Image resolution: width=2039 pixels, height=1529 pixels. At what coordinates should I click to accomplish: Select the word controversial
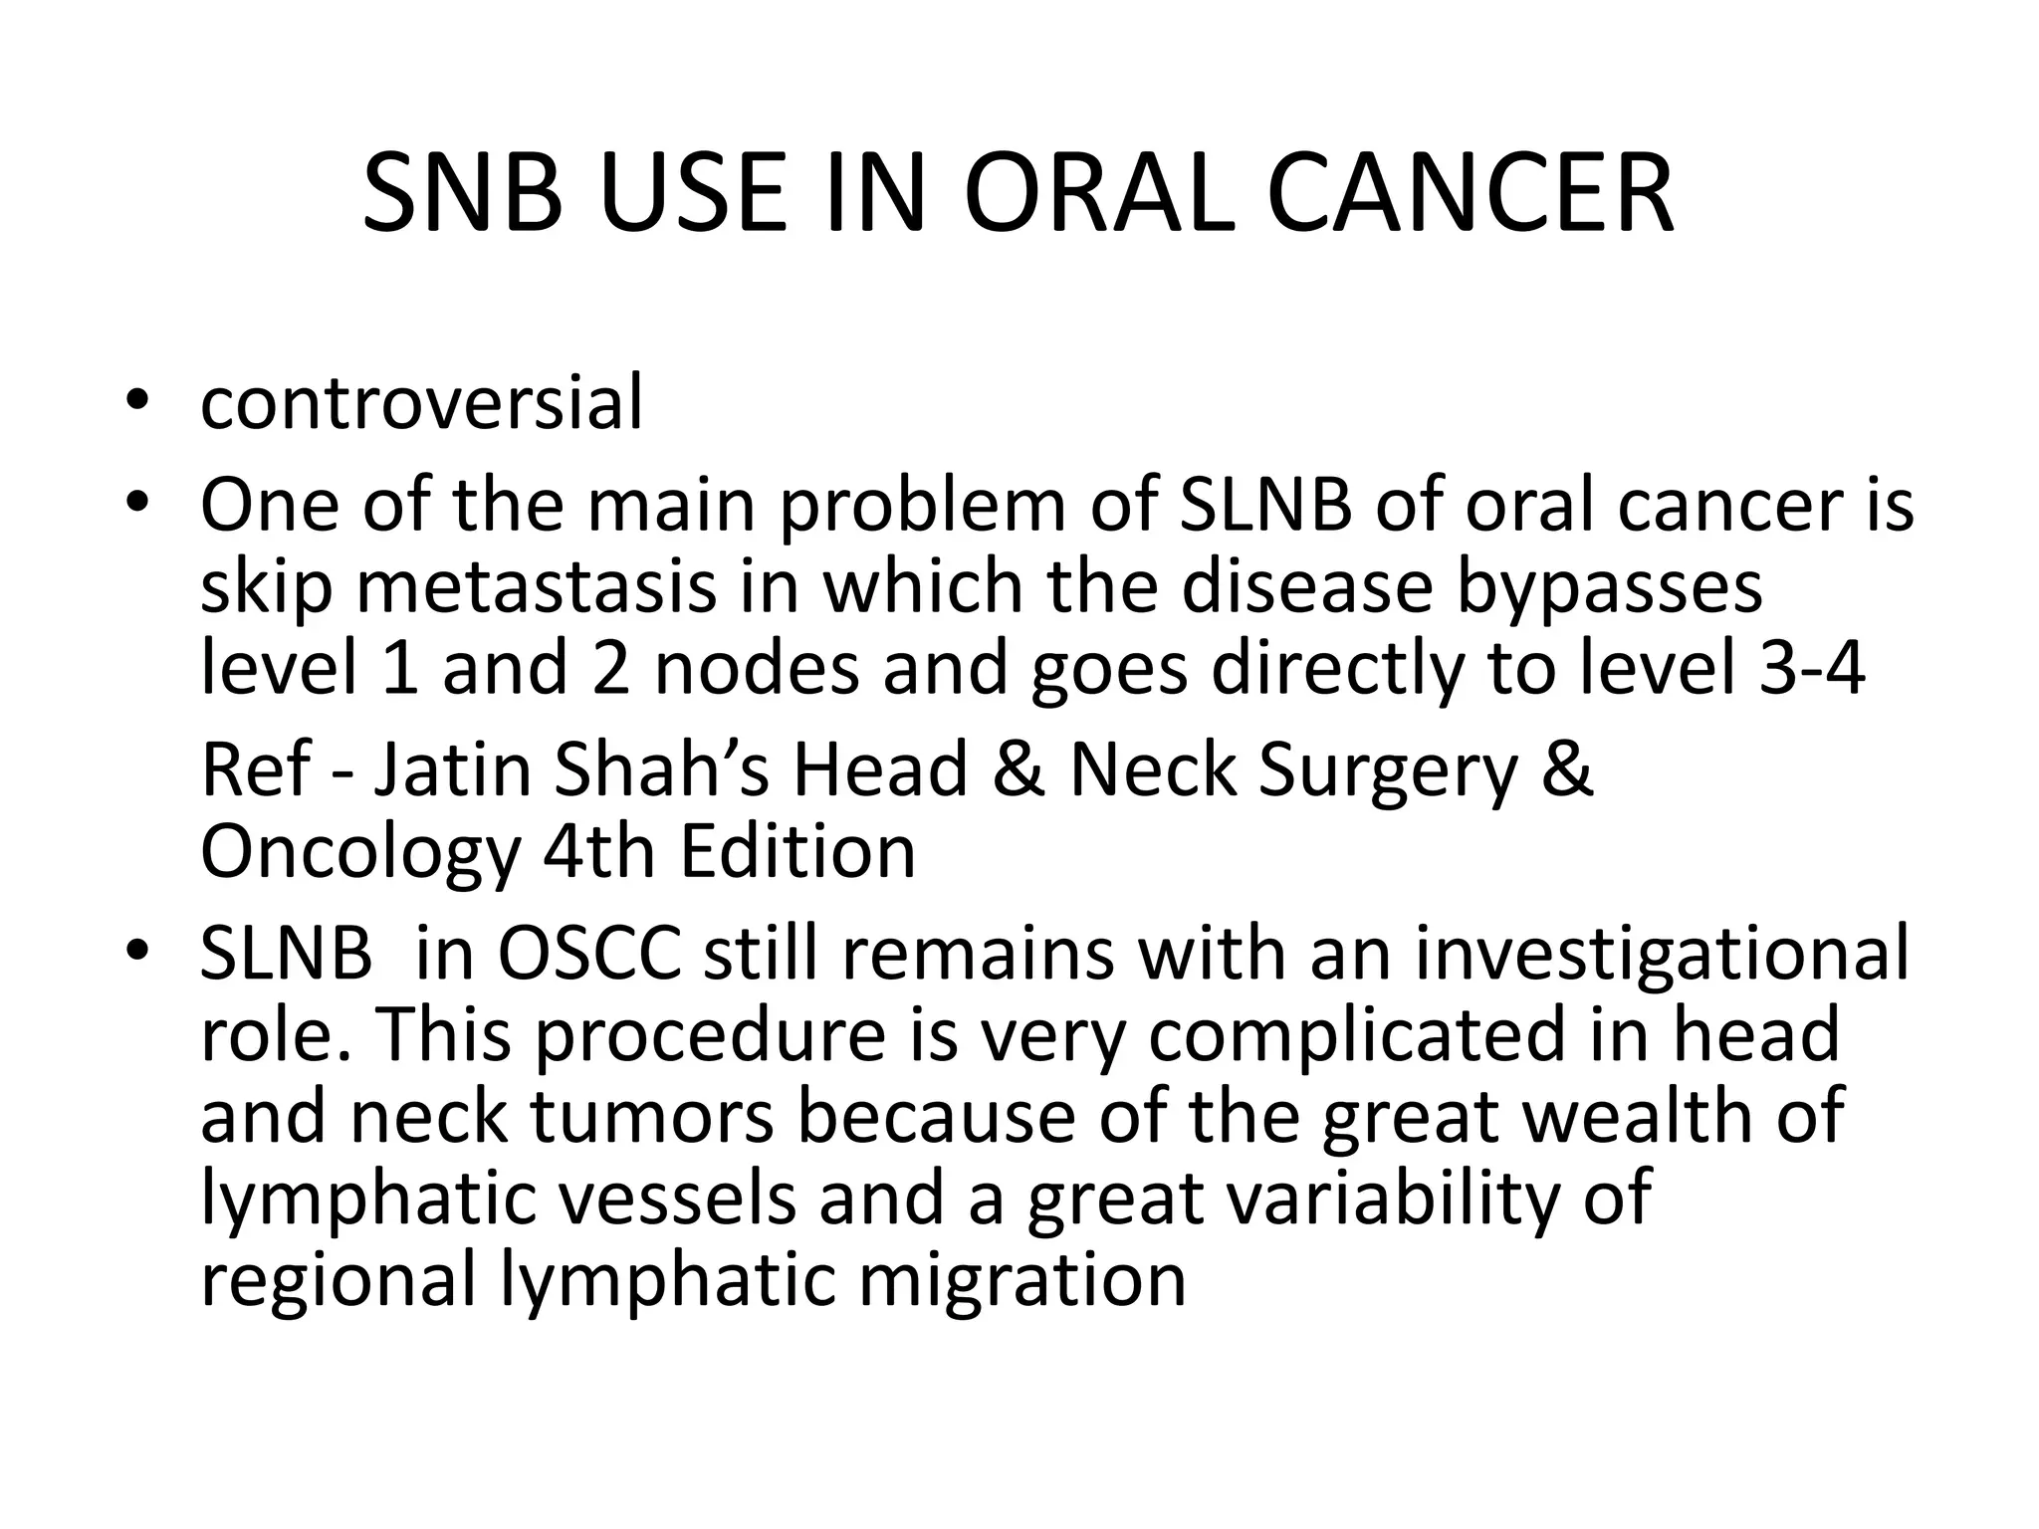coord(421,402)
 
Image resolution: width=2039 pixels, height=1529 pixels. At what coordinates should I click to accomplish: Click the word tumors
coord(652,1116)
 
